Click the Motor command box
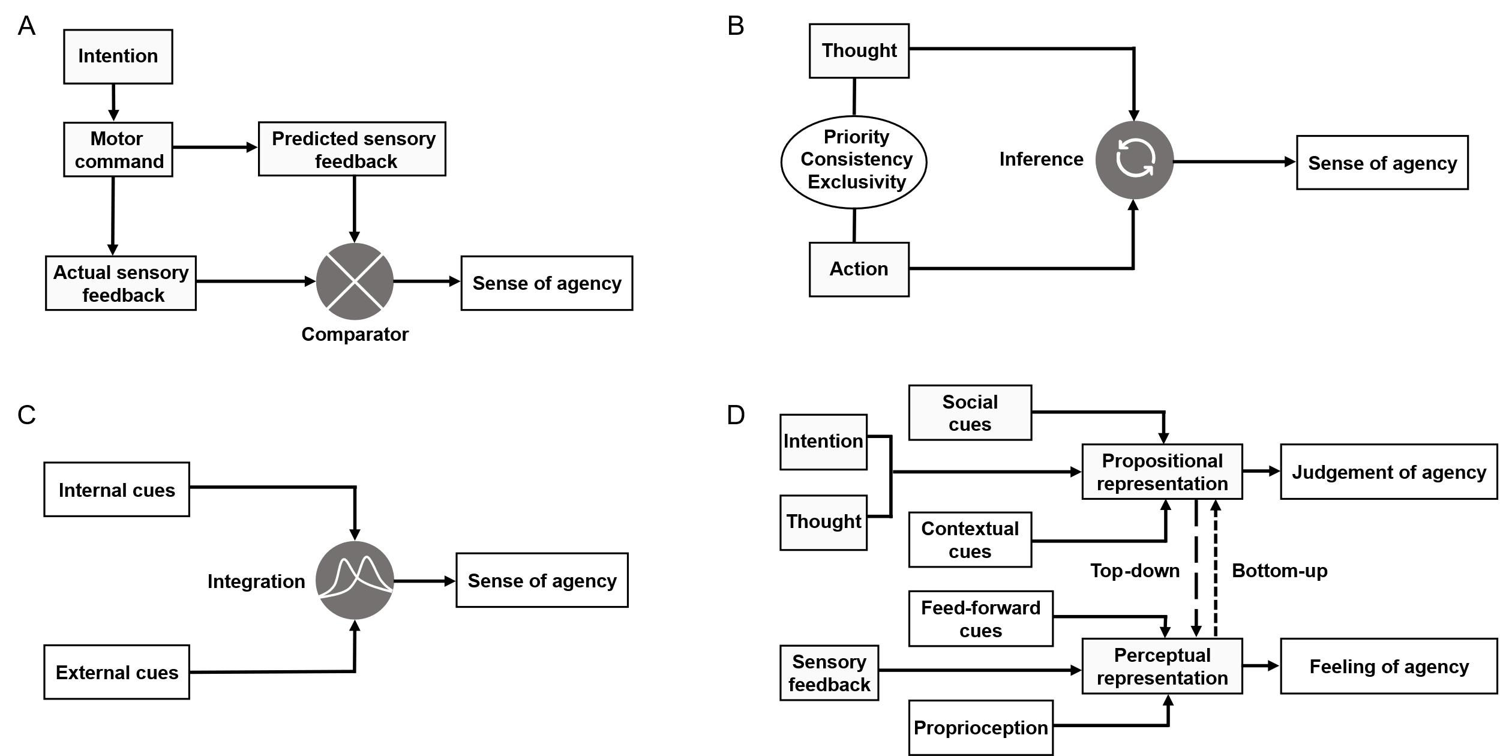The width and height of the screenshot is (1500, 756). coord(118,149)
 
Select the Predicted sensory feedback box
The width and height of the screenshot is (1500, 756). coord(352,149)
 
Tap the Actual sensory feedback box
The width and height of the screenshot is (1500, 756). coord(121,283)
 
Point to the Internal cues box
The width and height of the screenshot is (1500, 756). coord(116,489)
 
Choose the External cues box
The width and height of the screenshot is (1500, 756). coord(116,672)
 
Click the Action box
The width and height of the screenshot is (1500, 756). coord(859,269)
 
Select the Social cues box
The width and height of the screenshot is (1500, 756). coord(970,413)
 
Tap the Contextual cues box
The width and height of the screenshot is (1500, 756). coord(970,539)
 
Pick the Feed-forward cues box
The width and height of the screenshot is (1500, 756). coord(980,619)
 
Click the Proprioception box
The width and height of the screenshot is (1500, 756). coord(980,727)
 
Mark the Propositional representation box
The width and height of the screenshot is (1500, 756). coord(1162,472)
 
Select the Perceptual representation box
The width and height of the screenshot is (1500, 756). coord(1162,666)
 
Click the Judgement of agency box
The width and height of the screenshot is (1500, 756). coord(1388,472)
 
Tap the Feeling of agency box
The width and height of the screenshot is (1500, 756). coord(1388,666)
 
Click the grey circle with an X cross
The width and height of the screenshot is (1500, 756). coord(355,281)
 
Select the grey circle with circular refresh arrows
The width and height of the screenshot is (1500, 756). coord(1134,160)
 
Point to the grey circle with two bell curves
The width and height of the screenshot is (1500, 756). coord(355,580)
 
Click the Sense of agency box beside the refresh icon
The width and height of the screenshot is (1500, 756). coord(1382,163)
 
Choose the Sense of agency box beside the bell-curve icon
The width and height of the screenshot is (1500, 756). coord(542,580)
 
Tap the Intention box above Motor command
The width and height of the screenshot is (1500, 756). coord(118,56)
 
